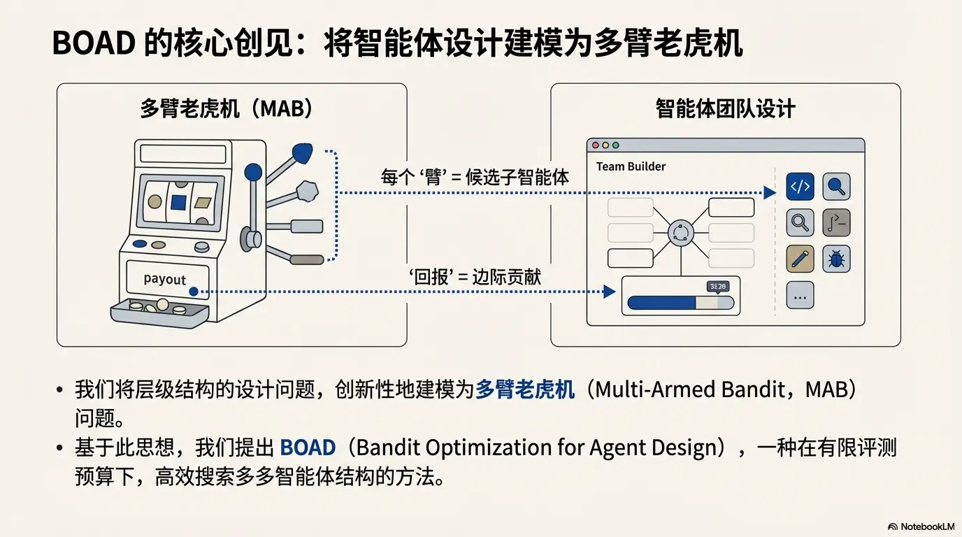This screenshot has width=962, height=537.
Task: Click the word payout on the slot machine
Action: click(164, 279)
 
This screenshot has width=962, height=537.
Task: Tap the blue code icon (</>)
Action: click(800, 187)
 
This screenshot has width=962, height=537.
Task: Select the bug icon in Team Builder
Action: click(836, 259)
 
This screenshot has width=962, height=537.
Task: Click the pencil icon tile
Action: click(800, 259)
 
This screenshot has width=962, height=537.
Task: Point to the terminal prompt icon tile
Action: click(836, 223)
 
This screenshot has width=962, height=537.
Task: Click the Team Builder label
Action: click(631, 166)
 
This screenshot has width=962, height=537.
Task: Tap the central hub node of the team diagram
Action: click(681, 234)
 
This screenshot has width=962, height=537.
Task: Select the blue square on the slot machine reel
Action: click(178, 203)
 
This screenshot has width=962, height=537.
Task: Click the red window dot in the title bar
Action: click(596, 145)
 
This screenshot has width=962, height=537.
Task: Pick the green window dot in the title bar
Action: click(615, 145)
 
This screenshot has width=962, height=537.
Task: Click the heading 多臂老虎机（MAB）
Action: click(227, 109)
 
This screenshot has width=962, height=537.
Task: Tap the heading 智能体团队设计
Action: click(725, 109)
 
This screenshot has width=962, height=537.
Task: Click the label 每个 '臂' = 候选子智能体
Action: click(475, 177)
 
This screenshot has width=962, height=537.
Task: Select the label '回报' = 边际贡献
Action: click(475, 277)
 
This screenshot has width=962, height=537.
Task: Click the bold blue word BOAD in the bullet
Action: click(308, 447)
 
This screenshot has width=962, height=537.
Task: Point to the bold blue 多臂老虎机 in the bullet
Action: click(524, 389)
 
